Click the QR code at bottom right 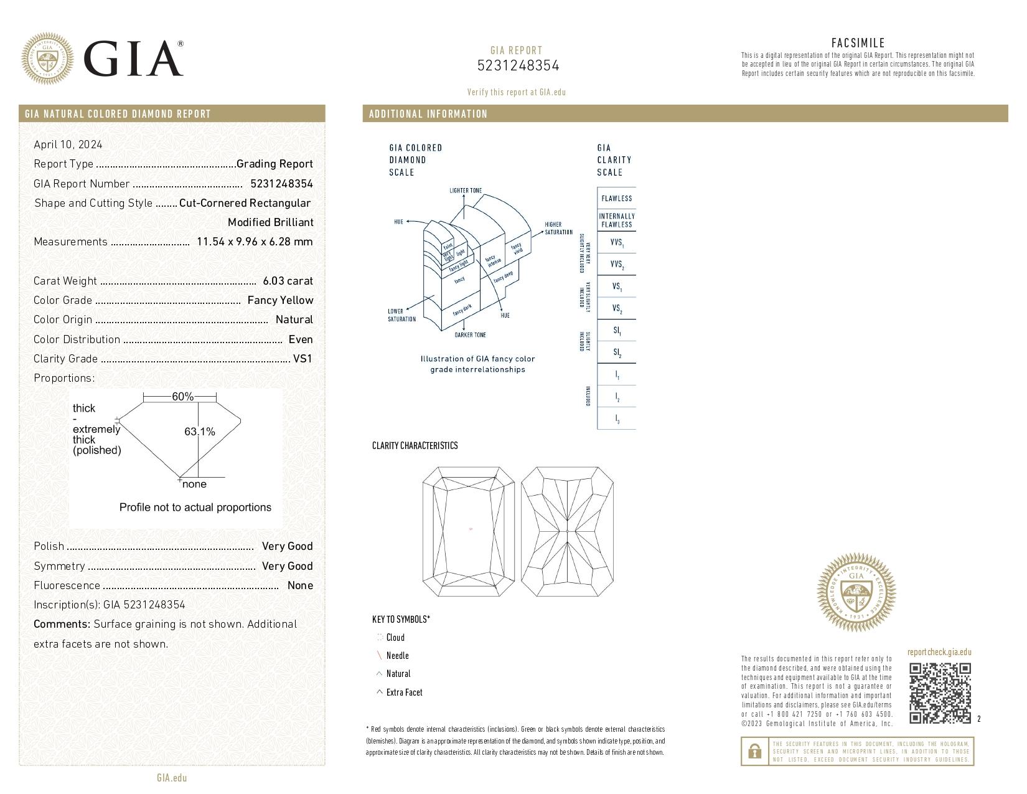click(x=940, y=693)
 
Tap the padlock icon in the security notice click(x=754, y=752)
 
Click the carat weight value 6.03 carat click(x=288, y=281)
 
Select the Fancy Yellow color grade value click(x=280, y=300)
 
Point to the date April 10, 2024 click(x=68, y=144)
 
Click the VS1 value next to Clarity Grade click(x=302, y=359)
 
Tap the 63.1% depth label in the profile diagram click(x=200, y=432)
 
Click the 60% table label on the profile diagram click(x=182, y=397)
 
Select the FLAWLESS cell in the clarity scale click(x=616, y=199)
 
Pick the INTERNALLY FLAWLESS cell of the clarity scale click(x=616, y=220)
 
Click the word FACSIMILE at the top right click(x=858, y=43)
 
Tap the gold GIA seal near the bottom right click(x=856, y=592)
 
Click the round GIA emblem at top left click(x=47, y=59)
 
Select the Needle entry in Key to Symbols click(x=397, y=656)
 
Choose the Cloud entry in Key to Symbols click(x=395, y=638)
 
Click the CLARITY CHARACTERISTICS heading click(x=415, y=446)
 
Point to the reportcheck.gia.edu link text click(x=939, y=653)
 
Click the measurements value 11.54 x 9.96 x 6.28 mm click(x=255, y=242)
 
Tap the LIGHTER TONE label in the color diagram click(x=466, y=191)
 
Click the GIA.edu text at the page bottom click(x=172, y=778)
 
